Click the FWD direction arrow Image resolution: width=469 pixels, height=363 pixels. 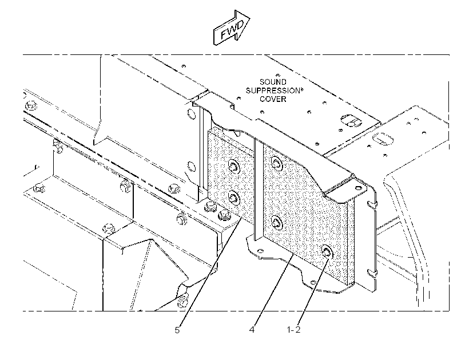[231, 27]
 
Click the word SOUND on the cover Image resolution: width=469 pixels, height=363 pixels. [273, 82]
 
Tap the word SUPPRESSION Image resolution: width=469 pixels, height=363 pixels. [272, 90]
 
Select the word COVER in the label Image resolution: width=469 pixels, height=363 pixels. [273, 99]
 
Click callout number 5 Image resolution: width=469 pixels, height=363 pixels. [177, 330]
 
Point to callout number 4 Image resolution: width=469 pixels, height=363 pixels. [252, 330]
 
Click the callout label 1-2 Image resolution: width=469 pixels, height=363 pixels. [293, 330]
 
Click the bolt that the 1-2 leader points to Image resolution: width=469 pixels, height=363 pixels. [328, 251]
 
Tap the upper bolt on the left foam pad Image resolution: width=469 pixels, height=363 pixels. [233, 166]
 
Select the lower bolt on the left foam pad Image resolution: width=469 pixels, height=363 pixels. [233, 198]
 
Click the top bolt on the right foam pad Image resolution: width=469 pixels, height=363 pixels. [276, 163]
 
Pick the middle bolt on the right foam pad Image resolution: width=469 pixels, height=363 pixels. [277, 223]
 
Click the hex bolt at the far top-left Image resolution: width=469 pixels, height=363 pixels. [31, 106]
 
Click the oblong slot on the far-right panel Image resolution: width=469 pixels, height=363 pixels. [382, 139]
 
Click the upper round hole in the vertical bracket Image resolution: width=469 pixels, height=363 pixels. [190, 114]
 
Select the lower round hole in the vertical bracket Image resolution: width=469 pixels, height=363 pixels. [191, 166]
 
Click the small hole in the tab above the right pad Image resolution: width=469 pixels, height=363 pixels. [357, 188]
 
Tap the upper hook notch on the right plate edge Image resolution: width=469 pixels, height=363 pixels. [371, 204]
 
